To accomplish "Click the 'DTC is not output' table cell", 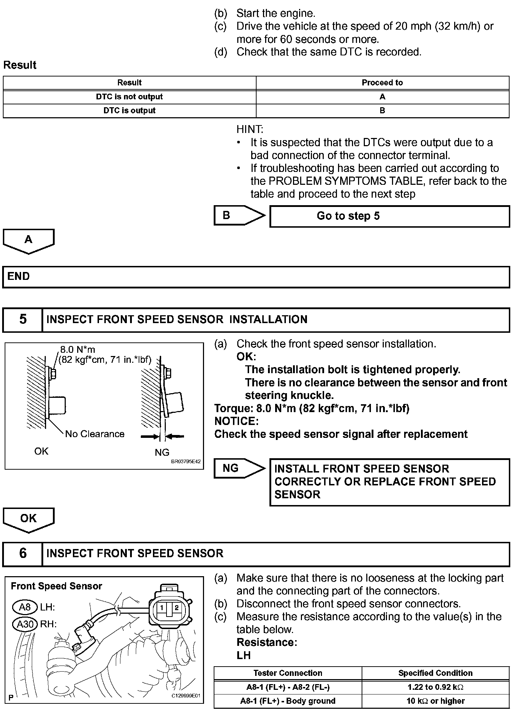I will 129,97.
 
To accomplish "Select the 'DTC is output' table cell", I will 129,111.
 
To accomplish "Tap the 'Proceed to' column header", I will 382,83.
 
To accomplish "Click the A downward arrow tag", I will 29,241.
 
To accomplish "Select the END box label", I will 19,276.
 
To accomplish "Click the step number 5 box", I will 23,319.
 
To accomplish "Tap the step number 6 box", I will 23,553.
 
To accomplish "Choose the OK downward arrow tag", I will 29,519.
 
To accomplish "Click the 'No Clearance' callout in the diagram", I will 95,434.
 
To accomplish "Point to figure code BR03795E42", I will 186,461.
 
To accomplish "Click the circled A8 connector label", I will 25,607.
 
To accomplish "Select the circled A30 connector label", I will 25,624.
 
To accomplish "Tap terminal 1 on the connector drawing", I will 162,608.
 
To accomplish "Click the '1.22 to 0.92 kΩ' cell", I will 435,687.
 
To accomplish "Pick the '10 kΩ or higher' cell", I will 435,701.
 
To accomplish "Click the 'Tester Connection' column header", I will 288,673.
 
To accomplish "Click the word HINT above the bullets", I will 249,129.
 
